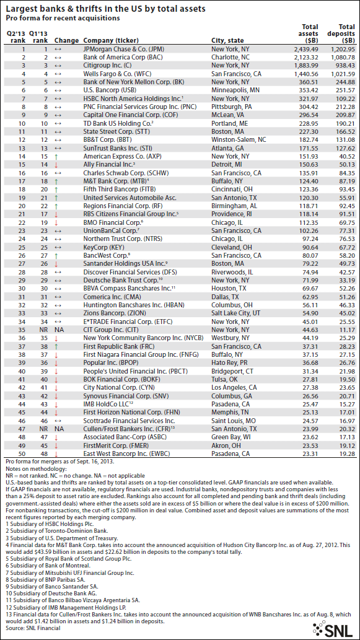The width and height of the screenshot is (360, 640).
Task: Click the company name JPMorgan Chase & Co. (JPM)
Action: pyautogui.click(x=124, y=48)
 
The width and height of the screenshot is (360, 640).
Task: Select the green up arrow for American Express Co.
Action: pyautogui.click(x=58, y=157)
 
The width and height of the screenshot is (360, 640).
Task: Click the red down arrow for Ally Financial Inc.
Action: pyautogui.click(x=58, y=165)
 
